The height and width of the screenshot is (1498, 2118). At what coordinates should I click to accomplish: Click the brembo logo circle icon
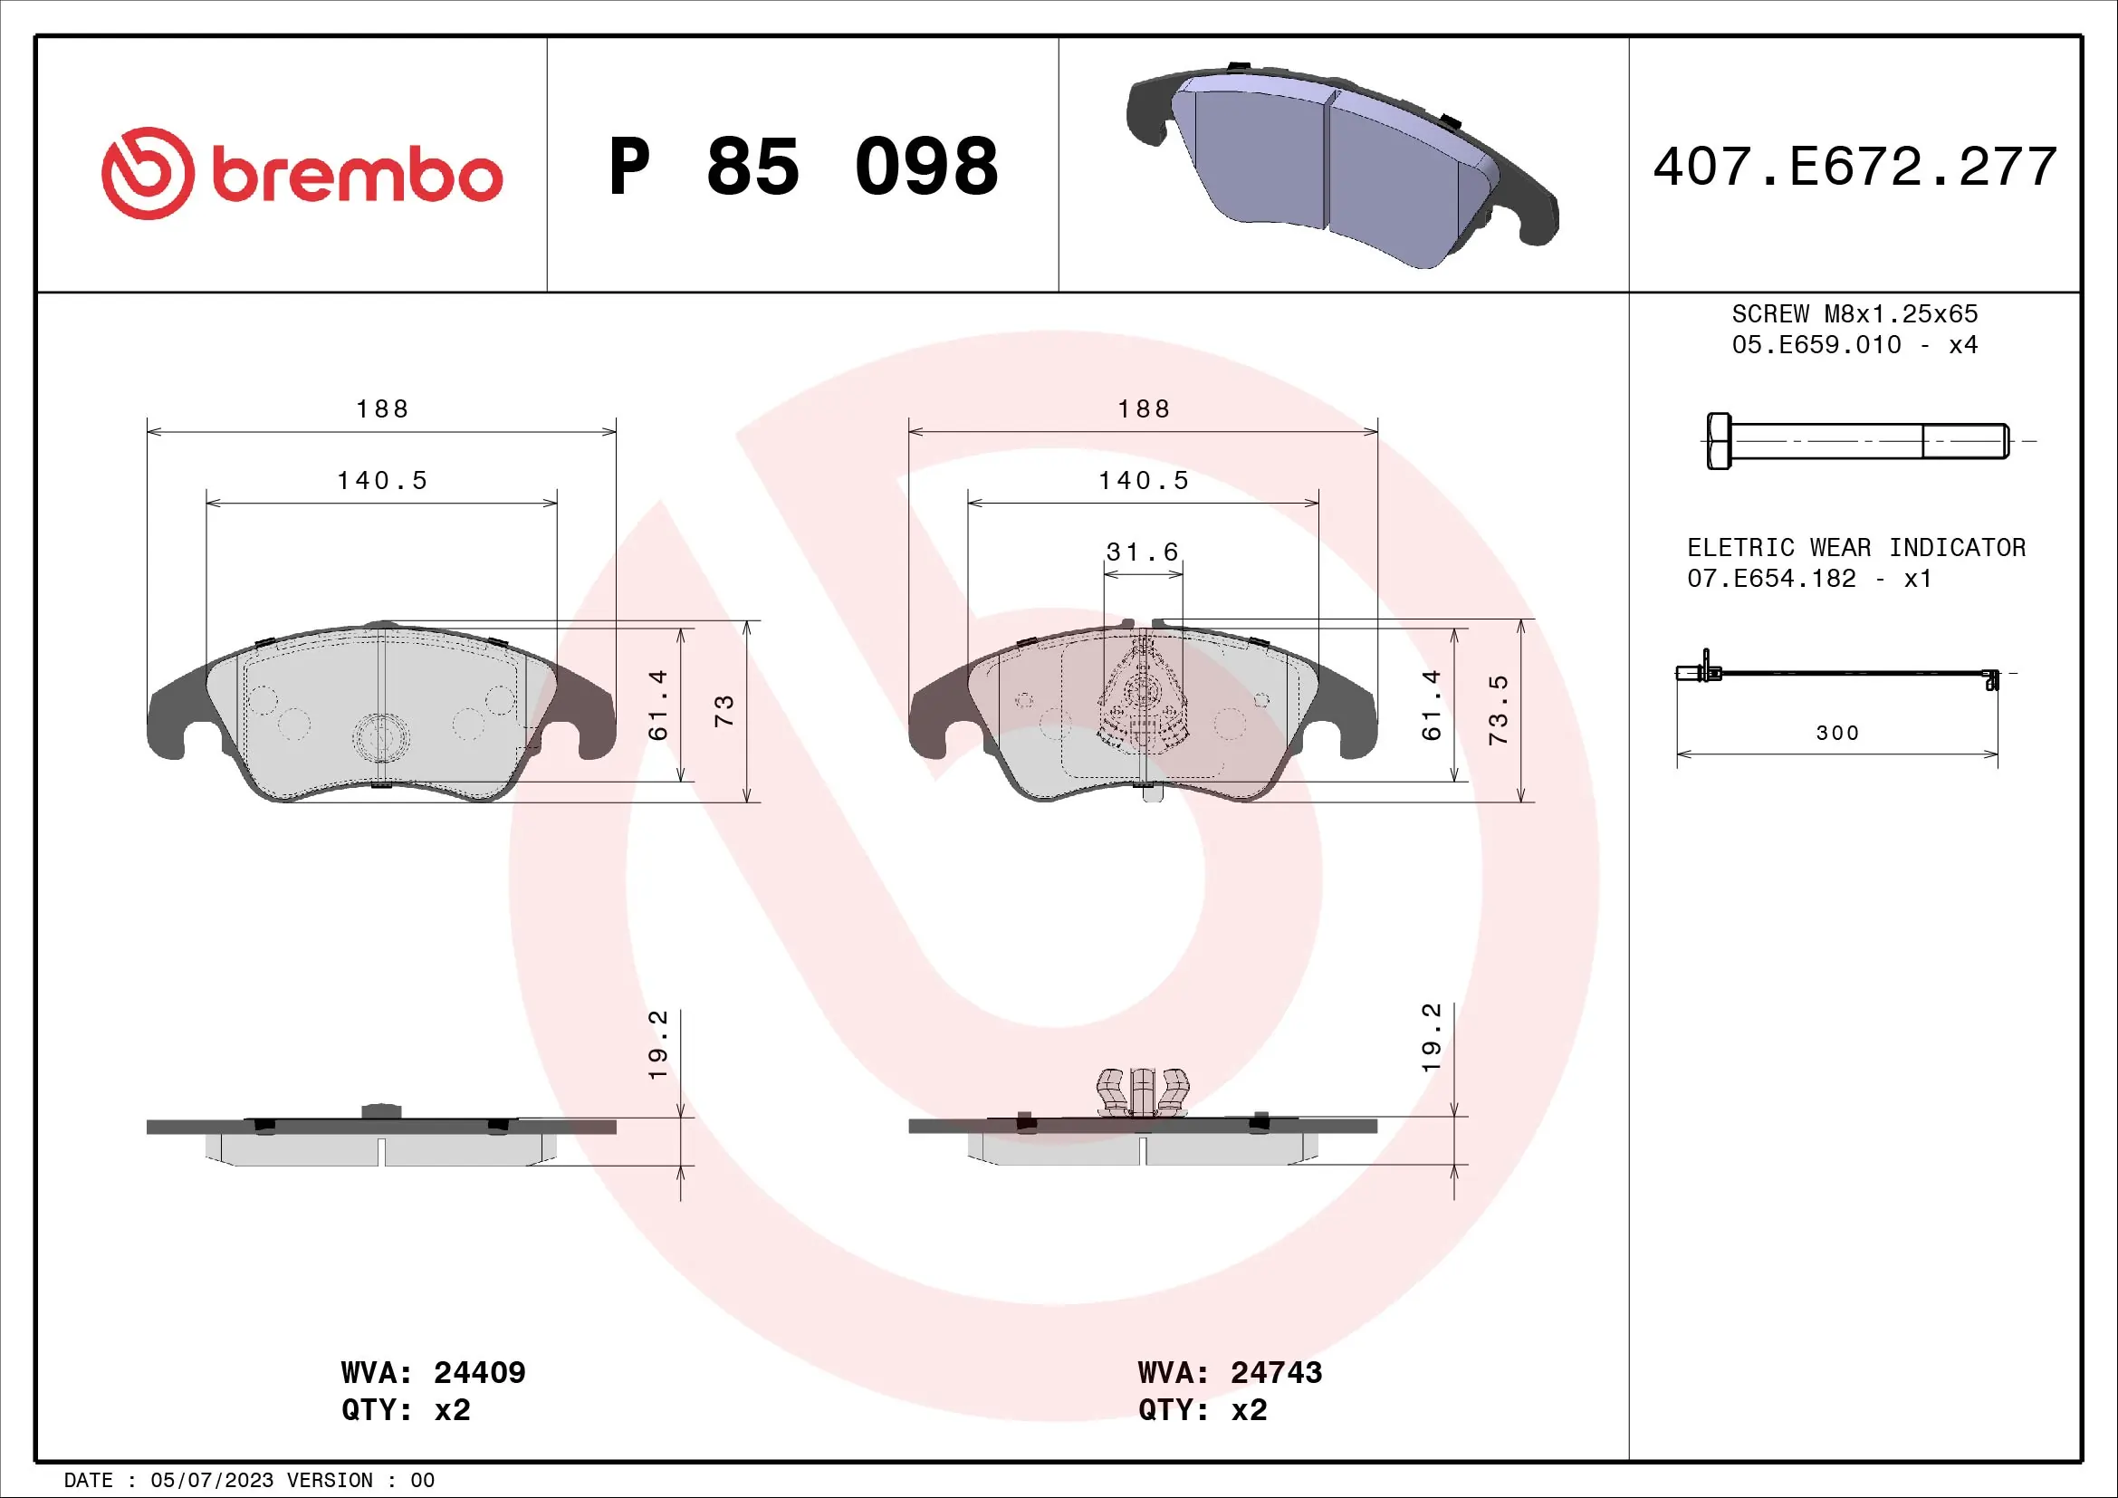coord(148,173)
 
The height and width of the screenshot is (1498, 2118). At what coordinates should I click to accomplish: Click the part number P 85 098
coord(802,167)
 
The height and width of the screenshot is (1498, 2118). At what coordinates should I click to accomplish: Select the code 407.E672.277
coord(1854,167)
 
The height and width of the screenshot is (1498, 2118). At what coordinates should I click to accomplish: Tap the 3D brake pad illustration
coord(1342,166)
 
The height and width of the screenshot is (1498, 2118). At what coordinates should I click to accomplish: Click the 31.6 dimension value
coord(1142,552)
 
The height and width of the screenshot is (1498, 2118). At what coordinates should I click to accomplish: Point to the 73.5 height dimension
coord(1498,709)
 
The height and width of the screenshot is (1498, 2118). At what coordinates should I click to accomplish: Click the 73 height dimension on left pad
coord(724,710)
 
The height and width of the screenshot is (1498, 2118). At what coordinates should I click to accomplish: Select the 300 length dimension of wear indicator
coord(1836,734)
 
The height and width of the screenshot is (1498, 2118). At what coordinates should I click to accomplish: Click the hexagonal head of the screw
coord(1719,441)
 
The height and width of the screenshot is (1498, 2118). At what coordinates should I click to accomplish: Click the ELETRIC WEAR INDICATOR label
coord(1856,547)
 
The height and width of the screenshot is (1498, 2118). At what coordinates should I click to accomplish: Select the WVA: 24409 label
coord(433,1372)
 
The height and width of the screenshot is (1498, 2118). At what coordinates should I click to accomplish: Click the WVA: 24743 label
coord(1230,1372)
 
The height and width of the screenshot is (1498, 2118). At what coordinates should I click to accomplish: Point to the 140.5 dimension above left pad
coord(382,481)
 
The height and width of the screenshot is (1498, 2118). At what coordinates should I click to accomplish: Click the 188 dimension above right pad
coord(1143,408)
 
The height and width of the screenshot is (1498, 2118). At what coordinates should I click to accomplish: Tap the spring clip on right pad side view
coord(1142,1093)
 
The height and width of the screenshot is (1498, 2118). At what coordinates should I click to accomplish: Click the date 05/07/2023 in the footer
coord(211,1481)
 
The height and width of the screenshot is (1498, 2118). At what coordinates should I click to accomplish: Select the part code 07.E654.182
coord(1771,579)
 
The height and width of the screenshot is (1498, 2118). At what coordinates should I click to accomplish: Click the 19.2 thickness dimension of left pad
coord(656,1044)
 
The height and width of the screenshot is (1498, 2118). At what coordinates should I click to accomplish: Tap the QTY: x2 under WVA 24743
coord(1202,1410)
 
